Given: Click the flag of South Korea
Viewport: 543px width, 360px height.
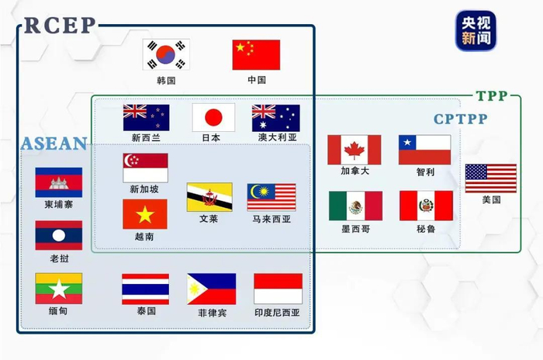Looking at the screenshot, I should (166, 54).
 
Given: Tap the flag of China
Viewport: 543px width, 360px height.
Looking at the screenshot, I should (256, 54).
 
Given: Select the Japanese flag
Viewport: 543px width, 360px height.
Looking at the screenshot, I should (213, 117).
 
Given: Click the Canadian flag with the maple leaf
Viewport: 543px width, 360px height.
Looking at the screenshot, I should (354, 150).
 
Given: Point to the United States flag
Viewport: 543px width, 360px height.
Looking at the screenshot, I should (490, 178).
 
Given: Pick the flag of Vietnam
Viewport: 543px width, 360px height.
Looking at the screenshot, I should (145, 213).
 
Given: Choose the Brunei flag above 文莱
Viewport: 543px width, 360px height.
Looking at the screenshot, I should (209, 197).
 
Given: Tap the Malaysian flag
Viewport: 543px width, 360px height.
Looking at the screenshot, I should (271, 197).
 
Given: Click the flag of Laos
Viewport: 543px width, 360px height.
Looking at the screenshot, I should (58, 235).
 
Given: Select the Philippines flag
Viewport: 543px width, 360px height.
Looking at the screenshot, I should (211, 289).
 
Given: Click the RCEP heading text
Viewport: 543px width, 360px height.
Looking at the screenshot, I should (60, 26).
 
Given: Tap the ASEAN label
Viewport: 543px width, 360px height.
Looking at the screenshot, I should (54, 144).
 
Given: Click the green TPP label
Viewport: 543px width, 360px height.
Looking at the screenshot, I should (491, 96).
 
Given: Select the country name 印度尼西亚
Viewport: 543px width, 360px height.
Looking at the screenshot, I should (278, 313).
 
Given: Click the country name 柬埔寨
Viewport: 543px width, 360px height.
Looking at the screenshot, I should (59, 205).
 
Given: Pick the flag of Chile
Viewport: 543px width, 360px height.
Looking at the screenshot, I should (424, 150).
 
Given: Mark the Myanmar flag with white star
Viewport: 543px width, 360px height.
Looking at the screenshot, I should (58, 288).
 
